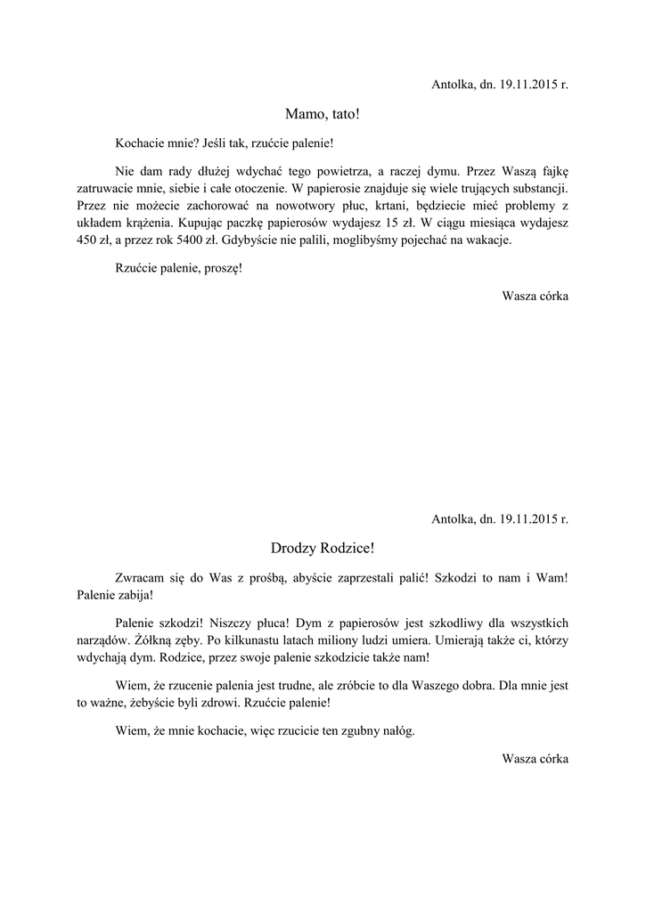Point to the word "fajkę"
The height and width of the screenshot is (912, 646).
click(x=552, y=170)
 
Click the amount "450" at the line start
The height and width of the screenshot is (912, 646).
click(x=77, y=239)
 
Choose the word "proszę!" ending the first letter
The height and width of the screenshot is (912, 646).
click(x=222, y=267)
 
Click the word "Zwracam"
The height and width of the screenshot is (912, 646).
click(x=141, y=577)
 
